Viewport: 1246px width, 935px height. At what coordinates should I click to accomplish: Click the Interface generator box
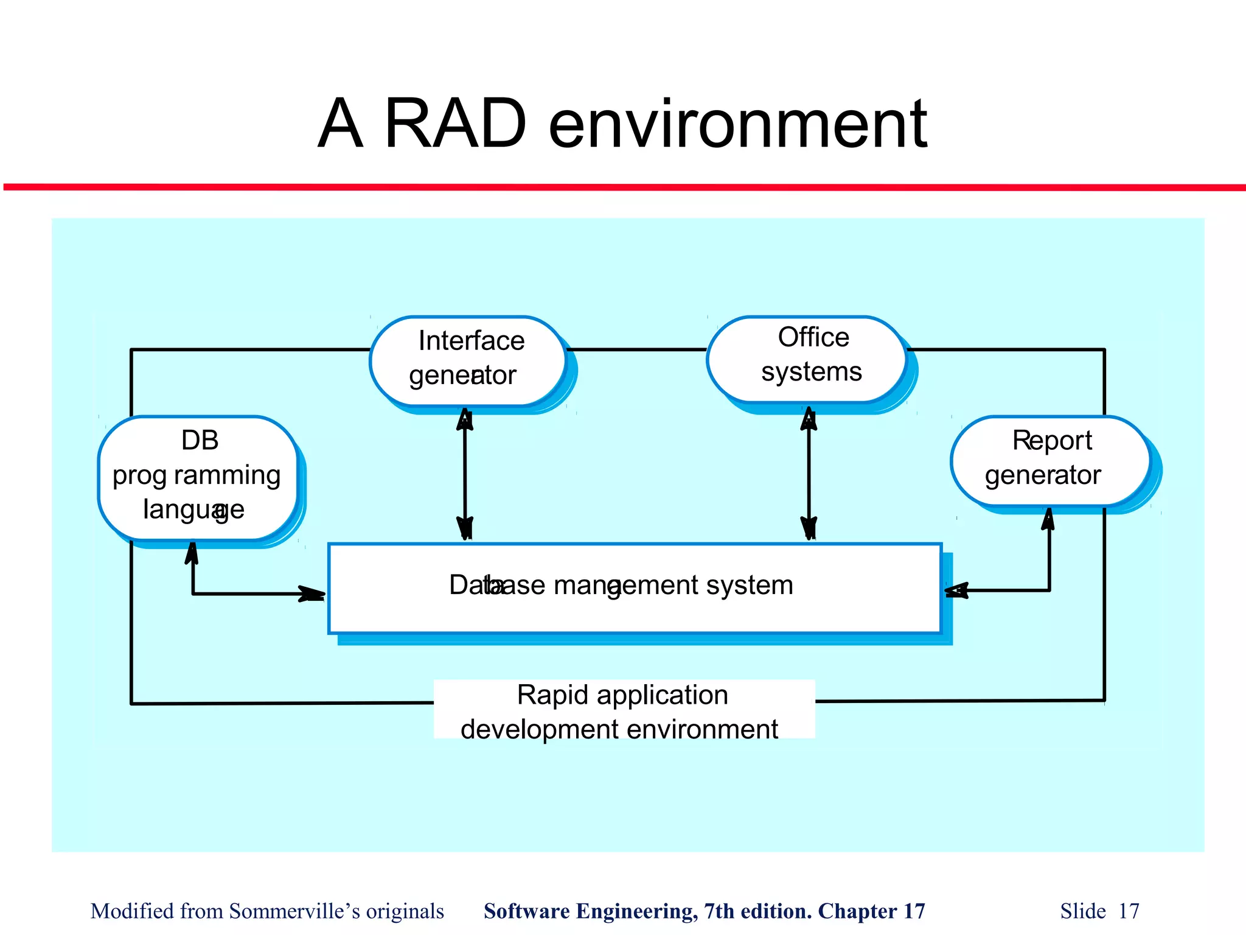pos(467,360)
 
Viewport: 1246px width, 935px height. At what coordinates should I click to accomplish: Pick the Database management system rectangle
pos(635,588)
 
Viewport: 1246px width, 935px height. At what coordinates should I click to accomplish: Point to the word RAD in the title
pos(455,124)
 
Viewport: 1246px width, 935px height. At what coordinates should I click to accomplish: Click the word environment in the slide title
pos(737,125)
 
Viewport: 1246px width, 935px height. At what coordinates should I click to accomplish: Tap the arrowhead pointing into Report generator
pos(1048,519)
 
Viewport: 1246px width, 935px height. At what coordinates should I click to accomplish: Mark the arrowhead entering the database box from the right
pos(956,590)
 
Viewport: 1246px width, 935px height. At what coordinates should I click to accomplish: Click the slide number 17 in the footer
pos(1129,911)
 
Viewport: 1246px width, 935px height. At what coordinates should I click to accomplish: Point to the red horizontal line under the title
pos(623,187)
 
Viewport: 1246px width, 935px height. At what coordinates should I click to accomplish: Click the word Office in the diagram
pos(813,337)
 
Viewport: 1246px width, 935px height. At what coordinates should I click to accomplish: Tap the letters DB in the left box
pos(200,440)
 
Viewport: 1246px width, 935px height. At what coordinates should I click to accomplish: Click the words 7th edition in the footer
pos(757,911)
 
